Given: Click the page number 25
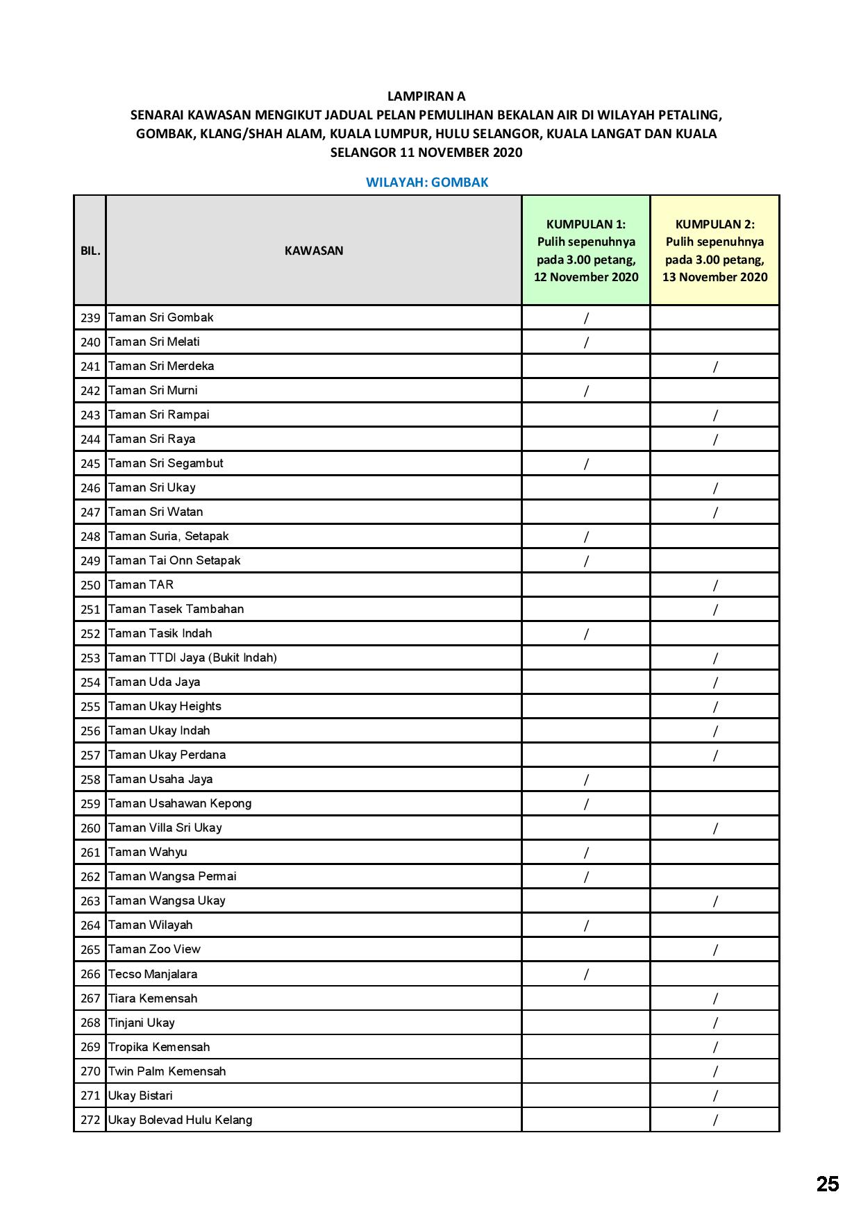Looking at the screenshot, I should (x=827, y=1184).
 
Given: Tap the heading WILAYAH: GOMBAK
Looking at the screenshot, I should (x=427, y=183).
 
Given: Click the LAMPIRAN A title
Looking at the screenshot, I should (x=426, y=96).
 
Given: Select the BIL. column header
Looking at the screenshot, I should (x=90, y=251).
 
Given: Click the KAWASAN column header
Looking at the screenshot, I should (x=314, y=251).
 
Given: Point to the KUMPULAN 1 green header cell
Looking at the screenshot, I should (x=586, y=251).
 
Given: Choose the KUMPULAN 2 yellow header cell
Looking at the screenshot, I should (x=714, y=251).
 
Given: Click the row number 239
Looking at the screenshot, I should (x=90, y=318).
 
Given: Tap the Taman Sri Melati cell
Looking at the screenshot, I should (x=154, y=342).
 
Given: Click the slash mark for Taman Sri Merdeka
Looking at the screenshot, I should (x=715, y=367).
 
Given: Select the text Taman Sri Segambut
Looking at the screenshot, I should (x=166, y=463).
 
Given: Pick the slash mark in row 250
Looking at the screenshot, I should (x=715, y=585).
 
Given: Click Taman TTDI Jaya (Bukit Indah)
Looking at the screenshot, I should (x=192, y=657).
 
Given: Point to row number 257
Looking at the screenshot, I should (x=90, y=755).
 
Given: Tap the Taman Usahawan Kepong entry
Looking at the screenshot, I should (x=180, y=803).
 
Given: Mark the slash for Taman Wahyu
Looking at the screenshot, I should (x=586, y=853).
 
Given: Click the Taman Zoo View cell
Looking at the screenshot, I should (x=154, y=949).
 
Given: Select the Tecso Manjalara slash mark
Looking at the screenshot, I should (x=586, y=974).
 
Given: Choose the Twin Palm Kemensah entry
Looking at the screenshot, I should (x=167, y=1071).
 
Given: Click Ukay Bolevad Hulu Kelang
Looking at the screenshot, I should (x=180, y=1120).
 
